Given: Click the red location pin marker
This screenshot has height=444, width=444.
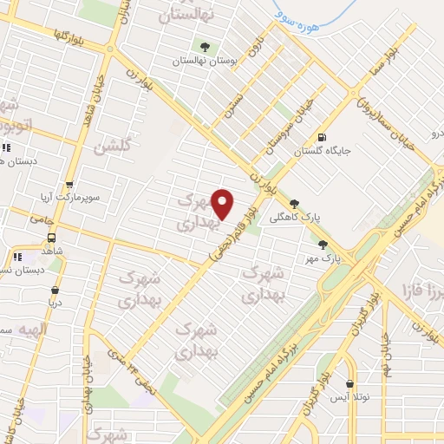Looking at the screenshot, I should [x=223, y=204].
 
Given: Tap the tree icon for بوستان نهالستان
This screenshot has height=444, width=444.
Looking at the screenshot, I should [x=205, y=47].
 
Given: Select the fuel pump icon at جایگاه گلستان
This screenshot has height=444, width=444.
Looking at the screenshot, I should [x=323, y=137].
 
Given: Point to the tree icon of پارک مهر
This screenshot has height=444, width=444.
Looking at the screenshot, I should [x=323, y=245].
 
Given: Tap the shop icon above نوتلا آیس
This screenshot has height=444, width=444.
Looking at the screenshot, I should [x=350, y=383].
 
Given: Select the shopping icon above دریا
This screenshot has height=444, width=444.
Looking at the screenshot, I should [x=55, y=291].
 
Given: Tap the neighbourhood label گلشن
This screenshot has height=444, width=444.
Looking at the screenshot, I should [x=114, y=147].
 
